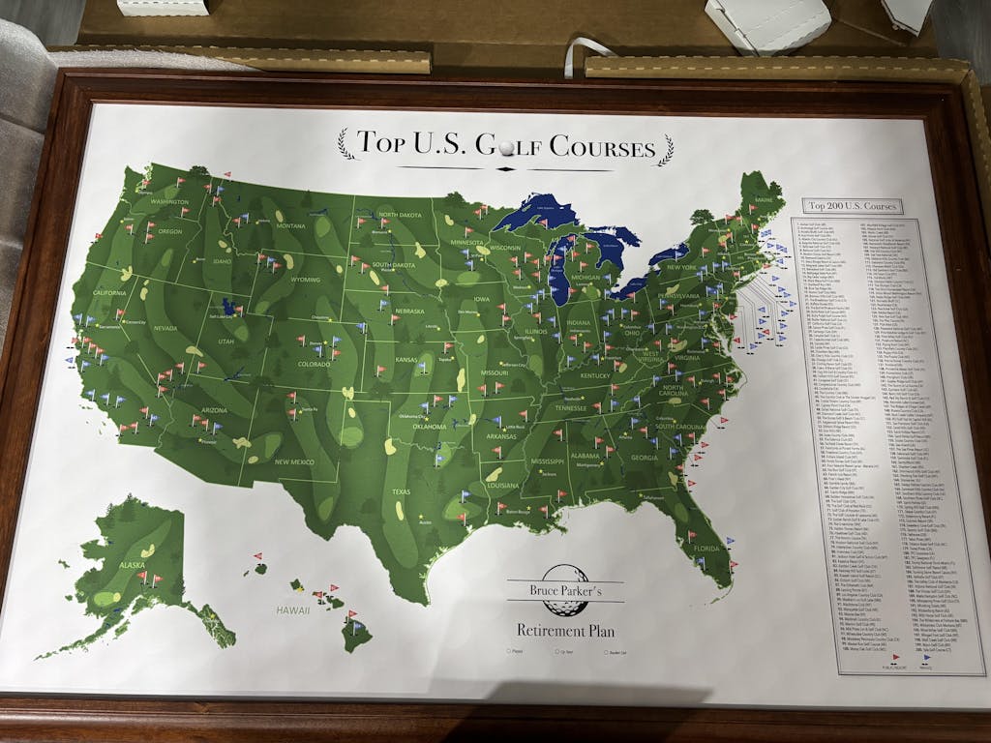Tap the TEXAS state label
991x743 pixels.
pos(400,490)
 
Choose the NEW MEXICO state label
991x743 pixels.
pos(294,462)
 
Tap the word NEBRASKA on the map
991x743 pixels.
pos(409,311)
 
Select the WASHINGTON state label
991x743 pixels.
pos(169,202)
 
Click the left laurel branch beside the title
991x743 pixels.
pos(345,145)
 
